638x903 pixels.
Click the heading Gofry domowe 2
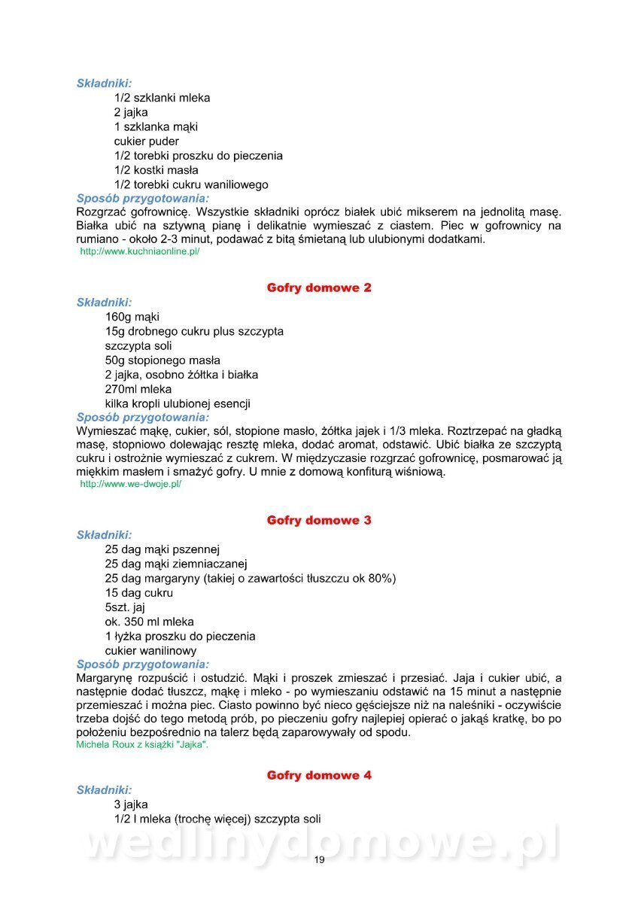[319, 287]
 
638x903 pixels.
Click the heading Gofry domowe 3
[319, 520]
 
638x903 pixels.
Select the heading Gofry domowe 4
[319, 775]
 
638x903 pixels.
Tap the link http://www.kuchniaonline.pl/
[140, 251]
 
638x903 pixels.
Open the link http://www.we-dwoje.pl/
[131, 484]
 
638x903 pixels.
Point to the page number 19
[319, 860]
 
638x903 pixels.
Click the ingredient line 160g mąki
[132, 317]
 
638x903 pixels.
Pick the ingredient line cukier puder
[147, 141]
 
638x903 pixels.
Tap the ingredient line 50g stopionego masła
[163, 360]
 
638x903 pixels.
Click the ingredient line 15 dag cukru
[139, 592]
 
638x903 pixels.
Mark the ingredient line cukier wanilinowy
[150, 650]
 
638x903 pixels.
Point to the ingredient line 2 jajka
[131, 112]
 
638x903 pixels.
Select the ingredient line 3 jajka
[131, 804]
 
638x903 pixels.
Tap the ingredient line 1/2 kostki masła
[156, 170]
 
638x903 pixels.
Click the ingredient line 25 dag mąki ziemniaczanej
[176, 564]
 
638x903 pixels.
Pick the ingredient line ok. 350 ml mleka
[150, 622]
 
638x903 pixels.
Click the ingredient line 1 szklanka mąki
[156, 126]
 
